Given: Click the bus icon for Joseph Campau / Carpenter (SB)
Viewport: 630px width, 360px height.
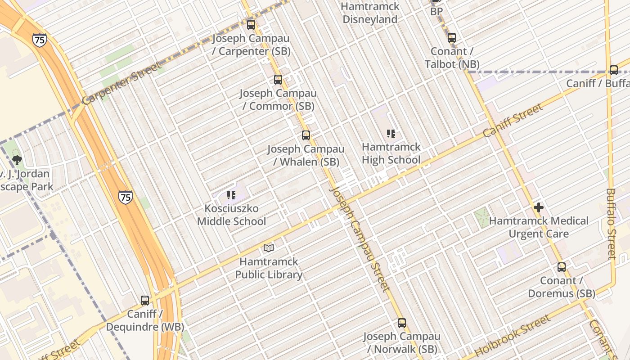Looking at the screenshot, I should point(251,25).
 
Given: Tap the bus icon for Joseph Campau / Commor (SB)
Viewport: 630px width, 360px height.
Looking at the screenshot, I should point(278,80).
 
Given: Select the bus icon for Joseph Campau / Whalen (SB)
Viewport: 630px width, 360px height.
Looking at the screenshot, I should point(306,135).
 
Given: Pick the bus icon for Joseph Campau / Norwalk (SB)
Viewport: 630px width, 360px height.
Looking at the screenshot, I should point(402,323).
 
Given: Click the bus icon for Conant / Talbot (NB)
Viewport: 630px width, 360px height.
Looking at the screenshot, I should point(452,38).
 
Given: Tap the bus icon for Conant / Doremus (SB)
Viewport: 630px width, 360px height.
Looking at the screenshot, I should point(562,267).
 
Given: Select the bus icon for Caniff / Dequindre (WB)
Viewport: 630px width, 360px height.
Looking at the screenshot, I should point(145,300).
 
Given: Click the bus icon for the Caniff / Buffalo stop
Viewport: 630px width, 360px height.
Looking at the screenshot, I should point(614,70).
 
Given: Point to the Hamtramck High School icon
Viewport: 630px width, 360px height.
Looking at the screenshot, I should point(391,133).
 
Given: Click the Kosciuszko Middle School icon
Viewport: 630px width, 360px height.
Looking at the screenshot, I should point(231,195).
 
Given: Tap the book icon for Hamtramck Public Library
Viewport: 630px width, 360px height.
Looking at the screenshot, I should point(269,248).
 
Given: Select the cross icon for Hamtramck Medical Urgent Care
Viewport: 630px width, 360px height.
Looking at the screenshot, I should point(539,207).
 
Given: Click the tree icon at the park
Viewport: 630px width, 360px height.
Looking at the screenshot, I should point(17,160).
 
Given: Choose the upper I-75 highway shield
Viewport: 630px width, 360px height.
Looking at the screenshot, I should point(39,40).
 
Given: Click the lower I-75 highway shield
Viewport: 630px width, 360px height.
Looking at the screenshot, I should point(126,197).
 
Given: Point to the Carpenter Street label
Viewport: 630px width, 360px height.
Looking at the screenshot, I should point(121,84).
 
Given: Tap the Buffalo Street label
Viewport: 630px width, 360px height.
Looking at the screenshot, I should point(611,224).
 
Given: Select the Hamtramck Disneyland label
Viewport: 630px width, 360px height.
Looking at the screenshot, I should point(370,13).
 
